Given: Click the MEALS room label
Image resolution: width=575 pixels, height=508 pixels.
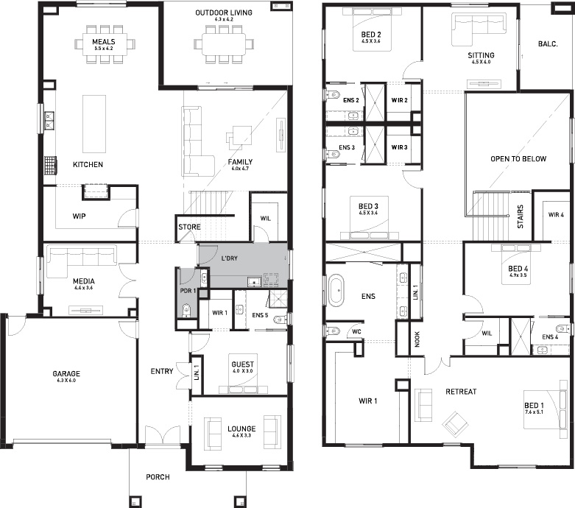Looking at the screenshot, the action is tap(103, 42).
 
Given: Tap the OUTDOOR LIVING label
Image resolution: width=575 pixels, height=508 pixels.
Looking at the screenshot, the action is tap(224, 13).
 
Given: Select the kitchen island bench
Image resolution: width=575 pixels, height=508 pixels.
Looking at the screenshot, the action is tap(94, 124).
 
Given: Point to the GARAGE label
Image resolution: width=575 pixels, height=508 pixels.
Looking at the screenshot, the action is tap(66, 374).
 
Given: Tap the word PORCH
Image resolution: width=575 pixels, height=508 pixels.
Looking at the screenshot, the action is tap(158, 477).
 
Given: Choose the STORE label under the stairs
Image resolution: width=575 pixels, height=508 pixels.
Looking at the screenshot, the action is tap(189, 227).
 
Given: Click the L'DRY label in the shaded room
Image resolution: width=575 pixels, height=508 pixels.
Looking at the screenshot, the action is tap(229, 258).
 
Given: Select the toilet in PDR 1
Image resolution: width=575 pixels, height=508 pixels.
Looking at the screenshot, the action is tap(187, 310).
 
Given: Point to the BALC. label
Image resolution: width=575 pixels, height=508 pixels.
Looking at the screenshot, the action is tap(548, 44).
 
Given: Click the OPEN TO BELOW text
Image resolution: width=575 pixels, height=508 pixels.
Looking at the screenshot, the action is tap(518, 159).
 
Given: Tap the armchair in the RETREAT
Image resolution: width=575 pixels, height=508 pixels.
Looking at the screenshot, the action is tap(456, 423).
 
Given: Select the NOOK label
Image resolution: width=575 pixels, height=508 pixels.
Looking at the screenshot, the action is tap(417, 339).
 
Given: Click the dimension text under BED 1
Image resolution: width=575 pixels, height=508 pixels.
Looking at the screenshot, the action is tap(534, 412).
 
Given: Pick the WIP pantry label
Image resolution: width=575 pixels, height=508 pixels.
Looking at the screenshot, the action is tap(79, 216).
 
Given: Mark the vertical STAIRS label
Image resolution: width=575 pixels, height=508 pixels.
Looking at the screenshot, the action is tap(520, 216).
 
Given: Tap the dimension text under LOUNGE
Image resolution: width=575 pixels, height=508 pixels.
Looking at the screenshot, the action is tap(241, 435).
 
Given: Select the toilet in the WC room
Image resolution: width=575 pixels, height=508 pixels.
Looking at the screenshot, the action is tap(332, 331).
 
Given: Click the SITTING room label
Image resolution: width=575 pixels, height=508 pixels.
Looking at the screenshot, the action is tap(481, 55).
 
